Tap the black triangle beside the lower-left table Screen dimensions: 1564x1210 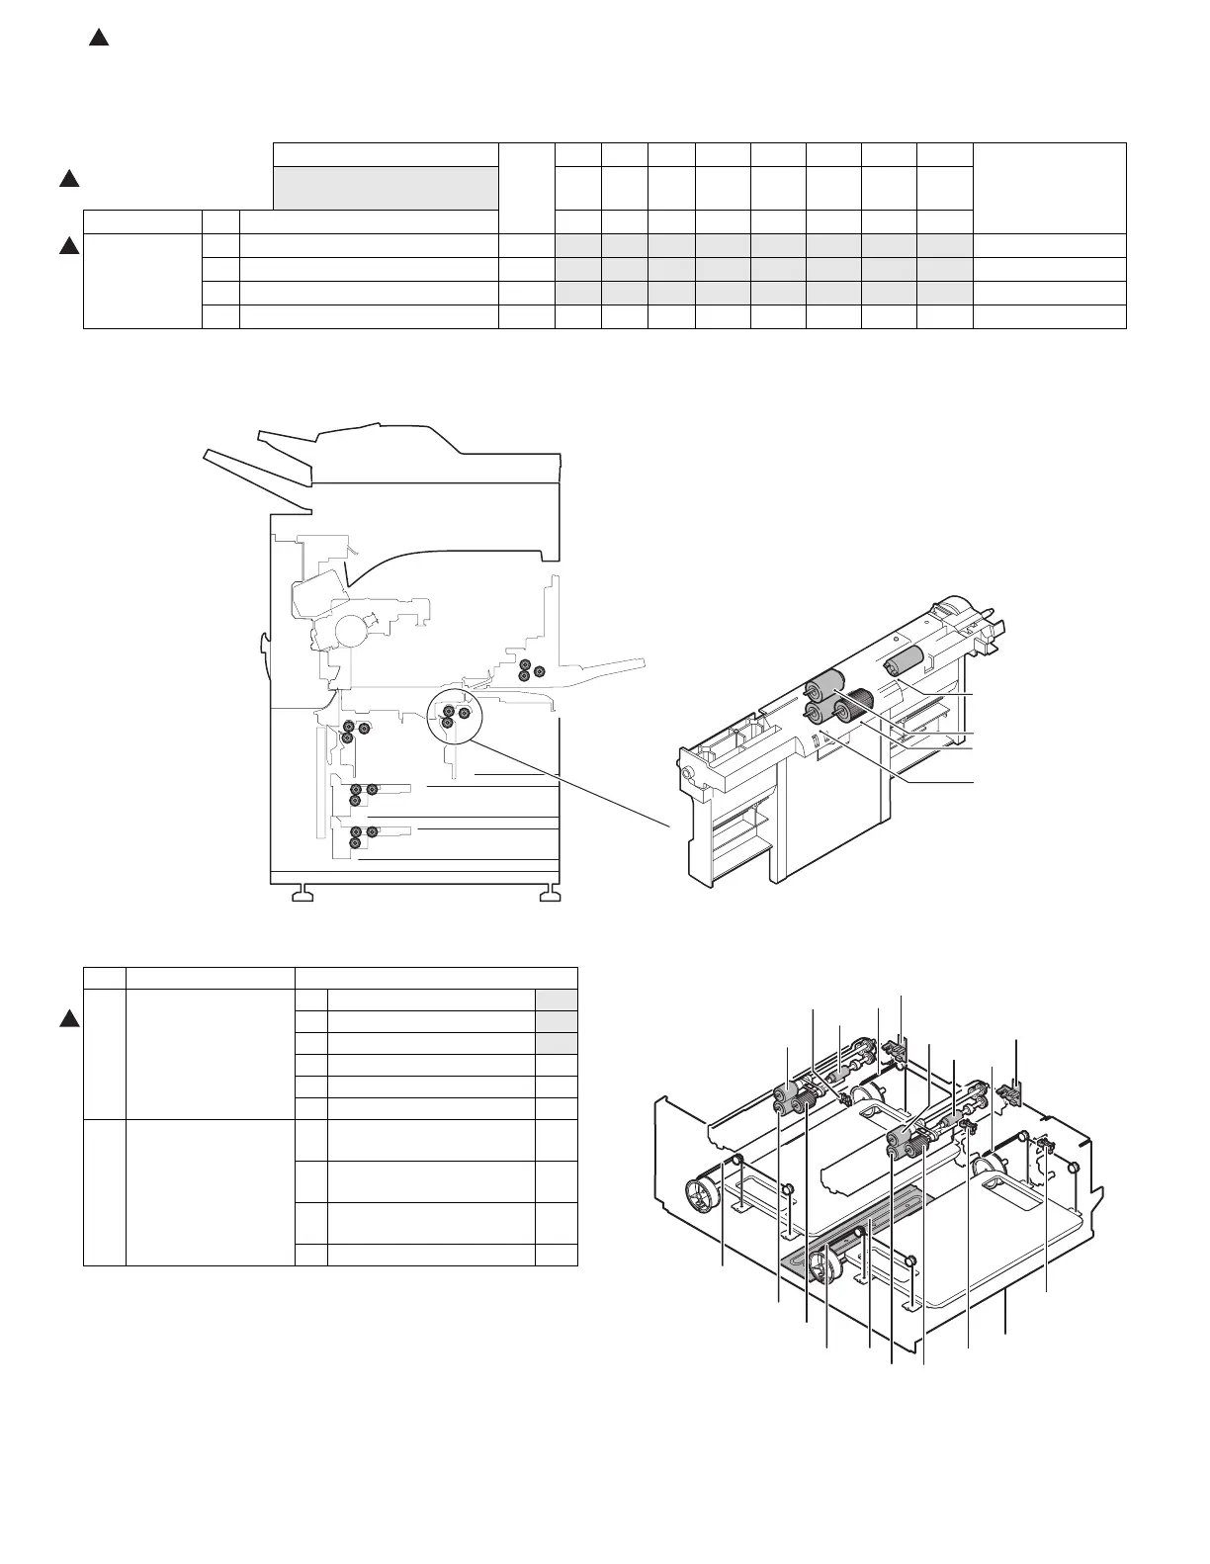click(x=69, y=1020)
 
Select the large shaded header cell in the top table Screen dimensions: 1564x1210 click(x=385, y=188)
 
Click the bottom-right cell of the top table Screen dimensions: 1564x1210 click(x=1049, y=316)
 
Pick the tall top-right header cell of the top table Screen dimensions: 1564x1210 click(x=1049, y=188)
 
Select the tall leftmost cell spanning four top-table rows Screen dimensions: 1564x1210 click(x=142, y=281)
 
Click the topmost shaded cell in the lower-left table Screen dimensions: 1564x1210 click(x=556, y=999)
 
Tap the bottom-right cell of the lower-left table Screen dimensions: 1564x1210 click(x=556, y=1255)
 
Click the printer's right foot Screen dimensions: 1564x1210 click(x=548, y=896)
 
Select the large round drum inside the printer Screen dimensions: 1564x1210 click(x=352, y=629)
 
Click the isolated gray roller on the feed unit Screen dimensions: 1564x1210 click(x=904, y=661)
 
